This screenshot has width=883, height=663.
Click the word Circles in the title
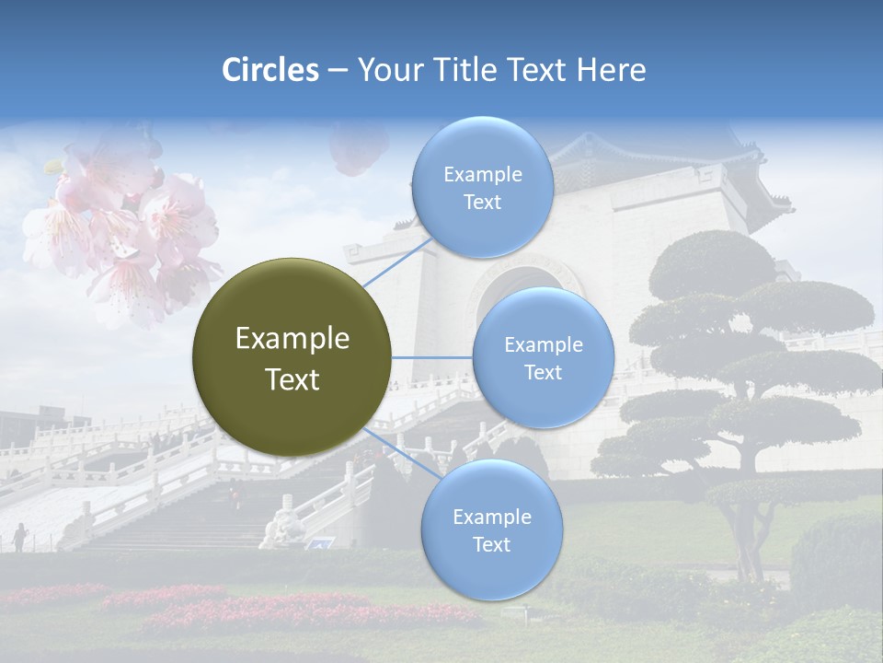(x=269, y=70)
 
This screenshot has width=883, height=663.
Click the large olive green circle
(x=292, y=356)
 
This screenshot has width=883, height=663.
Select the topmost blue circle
(x=482, y=187)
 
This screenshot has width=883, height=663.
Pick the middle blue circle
(x=543, y=357)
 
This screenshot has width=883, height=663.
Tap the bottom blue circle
(x=491, y=529)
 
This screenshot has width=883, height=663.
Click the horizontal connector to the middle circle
(x=431, y=357)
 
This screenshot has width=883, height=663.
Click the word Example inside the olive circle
(x=292, y=338)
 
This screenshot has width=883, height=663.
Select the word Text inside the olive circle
(x=292, y=379)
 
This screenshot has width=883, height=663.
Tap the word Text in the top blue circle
(x=482, y=202)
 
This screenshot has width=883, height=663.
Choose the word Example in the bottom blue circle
(x=491, y=517)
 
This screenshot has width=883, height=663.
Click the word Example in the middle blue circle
(x=543, y=344)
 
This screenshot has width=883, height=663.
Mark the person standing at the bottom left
(x=20, y=536)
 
